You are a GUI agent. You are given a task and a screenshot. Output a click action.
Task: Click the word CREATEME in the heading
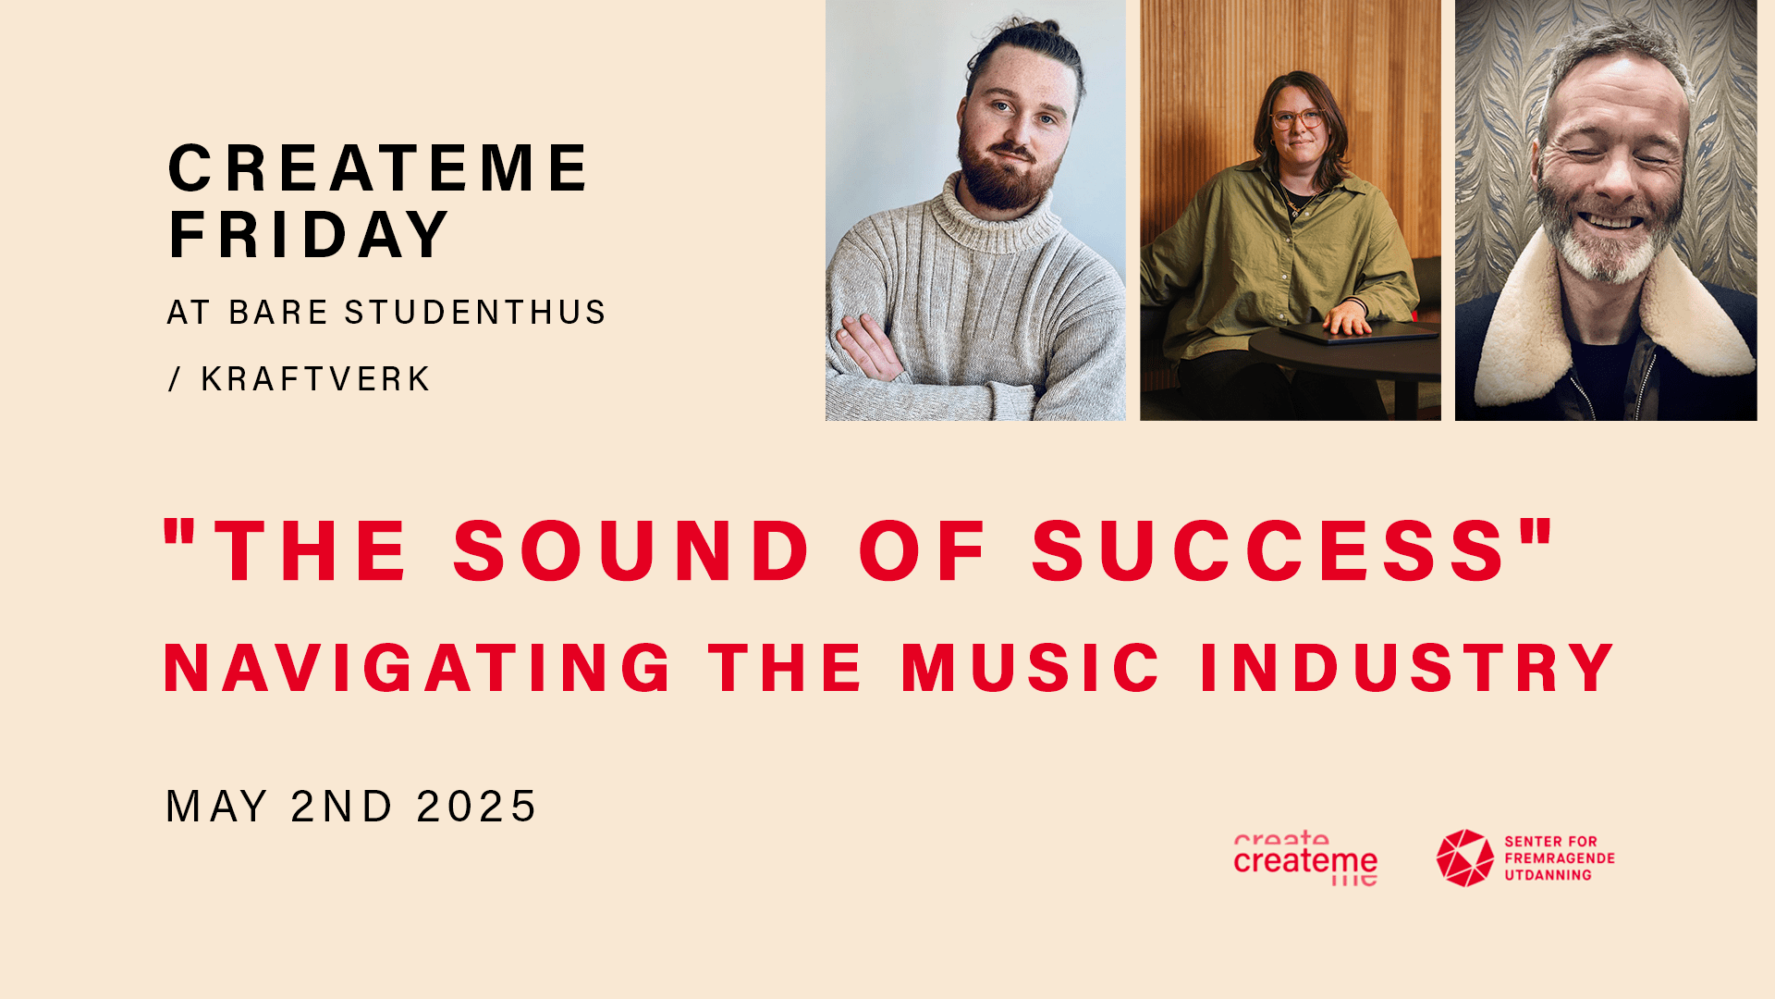coord(377,168)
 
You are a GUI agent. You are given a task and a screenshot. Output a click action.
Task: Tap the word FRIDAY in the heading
coord(309,234)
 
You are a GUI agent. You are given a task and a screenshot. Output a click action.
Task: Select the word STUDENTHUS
coord(475,313)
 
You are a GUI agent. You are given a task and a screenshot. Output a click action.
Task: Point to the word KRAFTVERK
coord(315,379)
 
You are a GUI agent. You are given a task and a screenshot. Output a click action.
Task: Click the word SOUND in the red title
coord(631,551)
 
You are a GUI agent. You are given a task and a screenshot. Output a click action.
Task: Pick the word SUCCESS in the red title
coord(1269,551)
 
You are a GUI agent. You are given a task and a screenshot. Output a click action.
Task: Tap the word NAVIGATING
coord(418,668)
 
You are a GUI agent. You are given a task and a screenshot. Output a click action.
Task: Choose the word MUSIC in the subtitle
coord(1031,668)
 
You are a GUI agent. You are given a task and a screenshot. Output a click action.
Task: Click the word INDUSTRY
coord(1407,668)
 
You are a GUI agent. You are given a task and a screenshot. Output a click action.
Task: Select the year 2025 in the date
coord(476,807)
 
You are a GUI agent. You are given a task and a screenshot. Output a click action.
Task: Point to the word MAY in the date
coord(217,807)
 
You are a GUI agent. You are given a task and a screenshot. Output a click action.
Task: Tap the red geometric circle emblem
coord(1465,857)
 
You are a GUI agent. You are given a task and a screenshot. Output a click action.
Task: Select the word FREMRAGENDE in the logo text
coord(1560,858)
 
